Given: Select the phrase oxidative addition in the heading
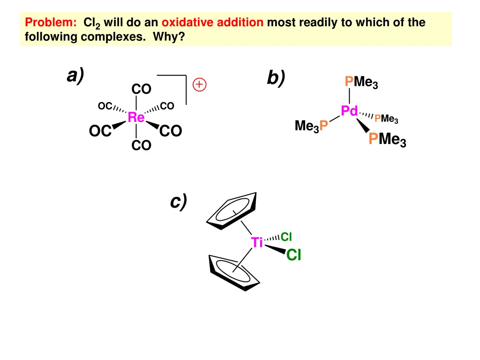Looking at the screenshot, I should [212, 22].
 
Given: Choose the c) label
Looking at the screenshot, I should [179, 202].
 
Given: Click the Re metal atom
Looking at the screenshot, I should [136, 118].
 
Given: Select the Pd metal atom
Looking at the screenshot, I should [349, 111].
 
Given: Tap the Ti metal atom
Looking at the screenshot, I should [257, 243].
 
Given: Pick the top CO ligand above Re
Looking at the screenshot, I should [141, 89].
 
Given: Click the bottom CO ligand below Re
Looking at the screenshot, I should [141, 146].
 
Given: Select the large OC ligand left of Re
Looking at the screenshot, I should [100, 132].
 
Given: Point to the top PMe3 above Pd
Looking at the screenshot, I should [361, 83].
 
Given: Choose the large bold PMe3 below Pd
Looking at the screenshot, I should [387, 139].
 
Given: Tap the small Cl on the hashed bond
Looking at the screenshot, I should [286, 237].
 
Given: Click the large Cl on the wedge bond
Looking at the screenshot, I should [293, 255].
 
